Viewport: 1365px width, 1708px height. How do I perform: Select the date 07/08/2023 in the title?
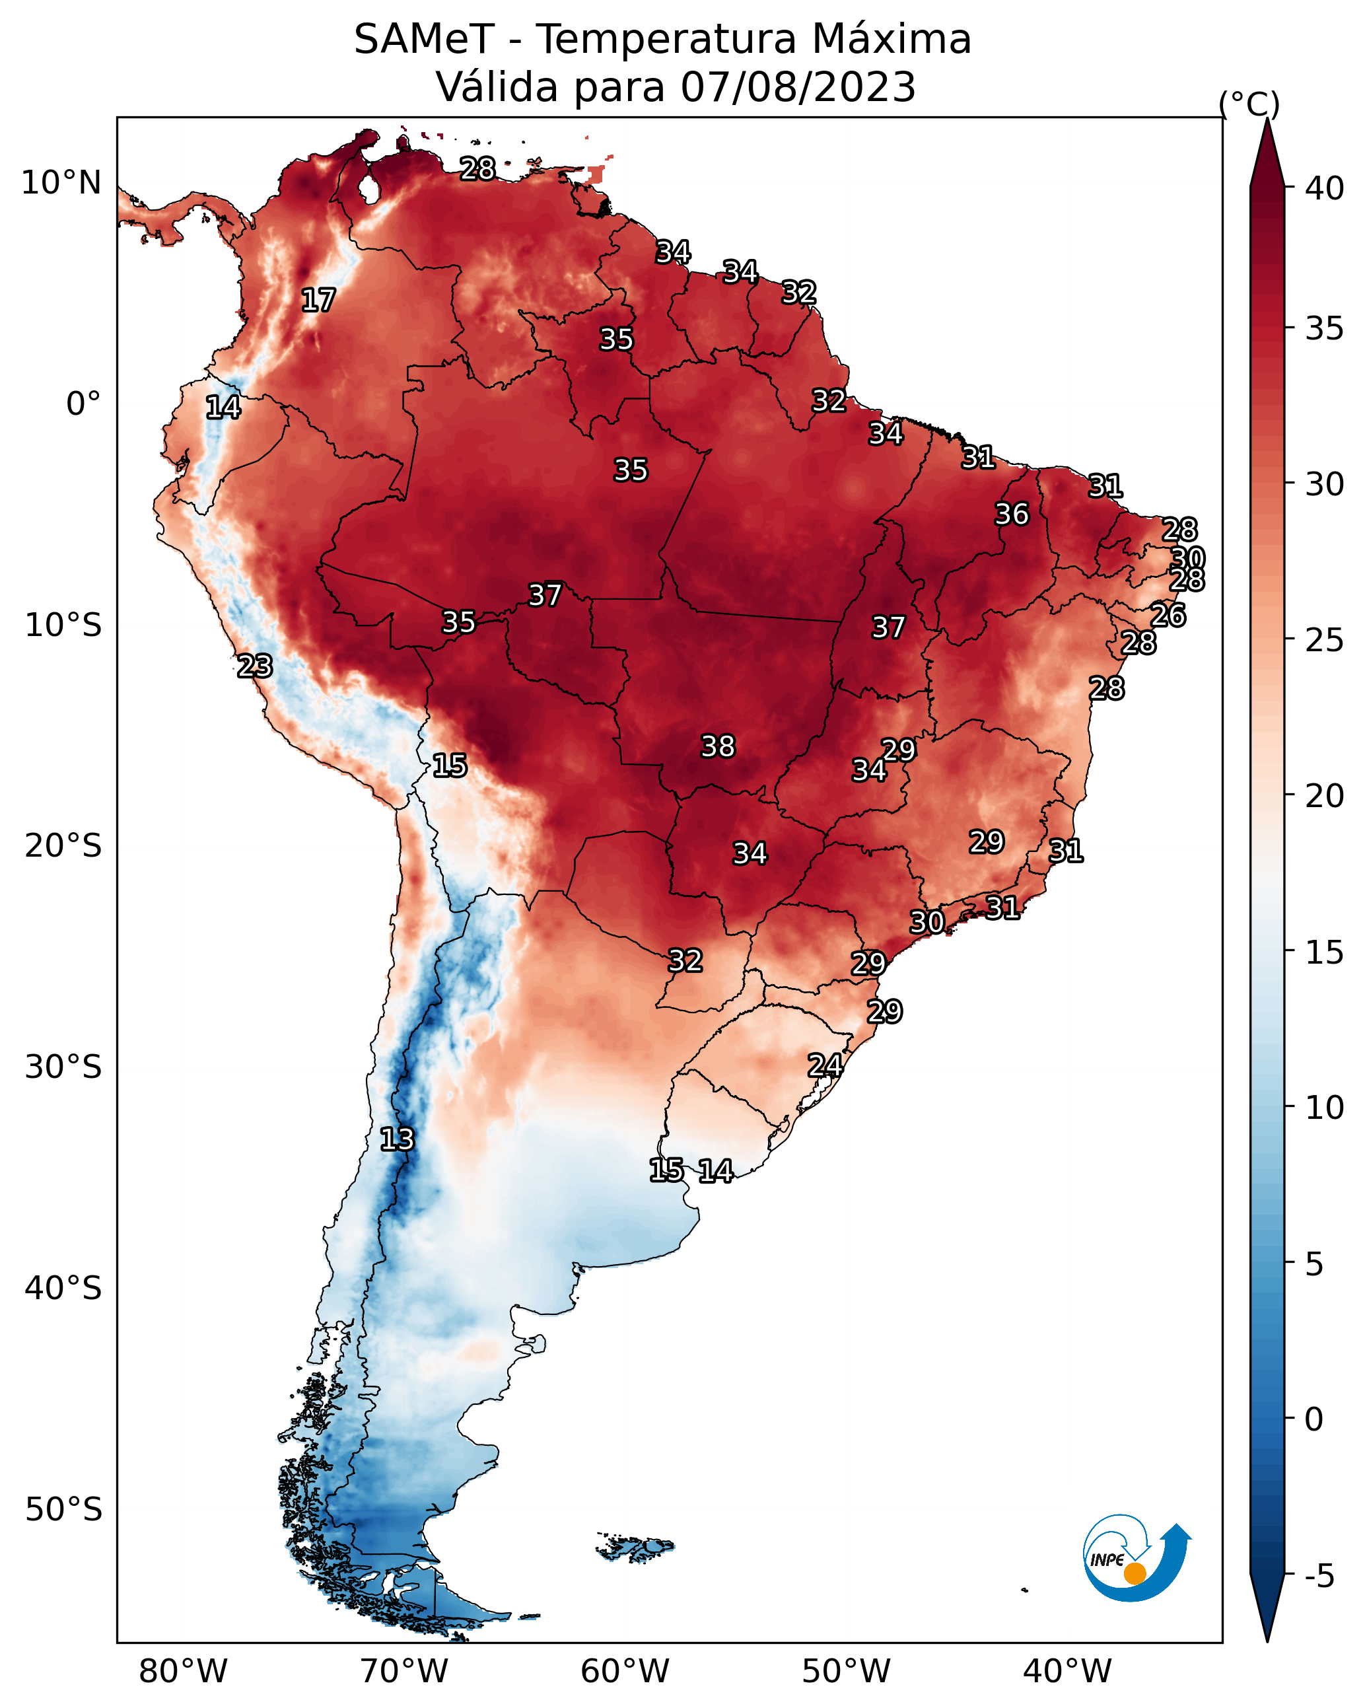click(798, 87)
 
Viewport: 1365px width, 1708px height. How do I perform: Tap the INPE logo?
click(1135, 1558)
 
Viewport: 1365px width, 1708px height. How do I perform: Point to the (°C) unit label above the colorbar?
click(1249, 104)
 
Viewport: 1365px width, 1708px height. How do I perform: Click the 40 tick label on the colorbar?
click(1325, 188)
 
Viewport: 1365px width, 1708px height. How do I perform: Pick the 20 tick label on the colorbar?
click(1325, 796)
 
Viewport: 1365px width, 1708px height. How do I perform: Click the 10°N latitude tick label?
click(61, 183)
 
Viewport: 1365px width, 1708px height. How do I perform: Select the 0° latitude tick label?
click(83, 404)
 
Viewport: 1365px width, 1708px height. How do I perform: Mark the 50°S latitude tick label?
click(63, 1510)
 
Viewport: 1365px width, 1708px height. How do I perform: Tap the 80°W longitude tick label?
click(183, 1672)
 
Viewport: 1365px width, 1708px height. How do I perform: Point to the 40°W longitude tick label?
click(1067, 1672)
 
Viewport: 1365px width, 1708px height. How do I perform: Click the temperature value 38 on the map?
click(718, 746)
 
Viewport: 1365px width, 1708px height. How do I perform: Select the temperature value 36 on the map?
click(1012, 514)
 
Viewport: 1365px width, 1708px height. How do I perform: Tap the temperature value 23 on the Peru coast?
click(255, 666)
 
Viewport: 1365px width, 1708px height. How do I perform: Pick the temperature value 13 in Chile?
click(397, 1139)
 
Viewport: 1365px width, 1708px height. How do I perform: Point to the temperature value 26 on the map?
click(1168, 615)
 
